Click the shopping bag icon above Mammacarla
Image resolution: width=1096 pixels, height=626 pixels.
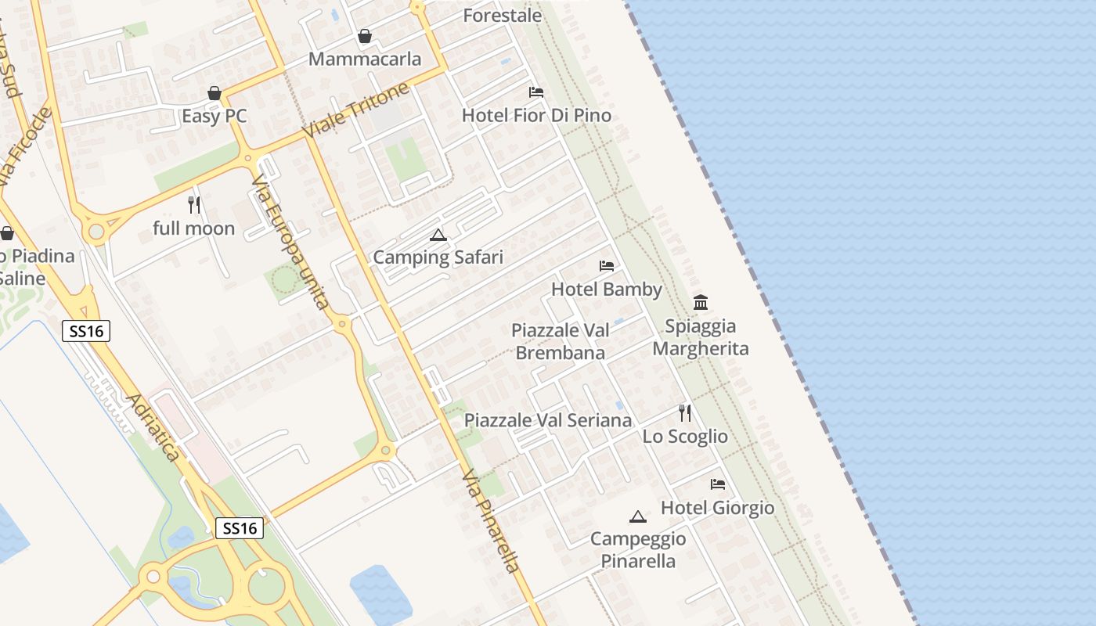click(x=365, y=36)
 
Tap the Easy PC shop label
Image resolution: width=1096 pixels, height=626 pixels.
click(x=215, y=116)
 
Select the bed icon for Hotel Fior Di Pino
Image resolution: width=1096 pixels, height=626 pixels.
click(x=536, y=92)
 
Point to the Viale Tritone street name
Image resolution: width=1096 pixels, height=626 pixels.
click(x=356, y=110)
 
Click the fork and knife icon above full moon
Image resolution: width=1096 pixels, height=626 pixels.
click(x=194, y=205)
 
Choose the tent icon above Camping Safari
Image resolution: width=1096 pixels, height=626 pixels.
click(x=438, y=235)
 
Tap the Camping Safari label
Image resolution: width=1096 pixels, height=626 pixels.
click(x=438, y=257)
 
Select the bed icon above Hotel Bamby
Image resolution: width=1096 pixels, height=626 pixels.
click(x=607, y=266)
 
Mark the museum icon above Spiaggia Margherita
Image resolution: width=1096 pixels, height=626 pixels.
click(x=701, y=303)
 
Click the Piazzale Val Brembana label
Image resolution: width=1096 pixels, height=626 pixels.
click(x=561, y=341)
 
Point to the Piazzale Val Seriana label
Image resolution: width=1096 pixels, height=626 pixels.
click(x=548, y=420)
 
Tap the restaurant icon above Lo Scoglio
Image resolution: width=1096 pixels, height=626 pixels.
click(x=685, y=413)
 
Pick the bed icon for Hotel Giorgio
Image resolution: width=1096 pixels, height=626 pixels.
click(x=718, y=484)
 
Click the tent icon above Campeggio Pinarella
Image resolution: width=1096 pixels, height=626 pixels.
click(x=638, y=516)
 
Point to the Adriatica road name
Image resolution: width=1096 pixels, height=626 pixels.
click(x=153, y=427)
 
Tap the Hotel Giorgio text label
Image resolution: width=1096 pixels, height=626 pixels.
click(x=718, y=508)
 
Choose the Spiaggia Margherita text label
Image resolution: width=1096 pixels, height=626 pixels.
click(x=701, y=337)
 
